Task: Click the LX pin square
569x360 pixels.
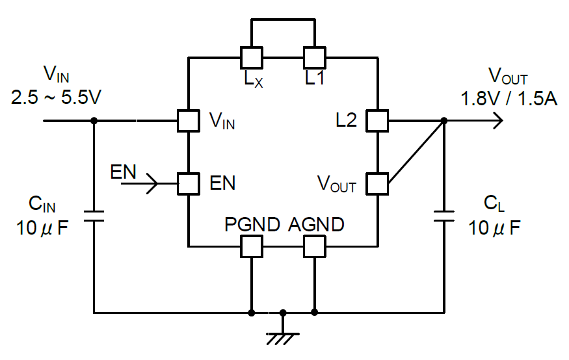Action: coord(252,58)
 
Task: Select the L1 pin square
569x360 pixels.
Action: coord(315,58)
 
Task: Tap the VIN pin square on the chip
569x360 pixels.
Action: coord(189,121)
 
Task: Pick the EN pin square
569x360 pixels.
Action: coord(189,184)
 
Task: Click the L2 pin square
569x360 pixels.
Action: coord(377,121)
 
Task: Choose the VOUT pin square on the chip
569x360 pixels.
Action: coord(377,184)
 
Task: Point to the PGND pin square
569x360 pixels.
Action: coord(252,246)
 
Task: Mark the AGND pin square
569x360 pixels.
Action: coord(315,246)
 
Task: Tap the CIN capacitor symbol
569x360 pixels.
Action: coord(94,216)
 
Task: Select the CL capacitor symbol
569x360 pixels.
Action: coord(443,216)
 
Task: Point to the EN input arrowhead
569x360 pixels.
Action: coord(152,184)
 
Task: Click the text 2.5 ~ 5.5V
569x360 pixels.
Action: coord(56,97)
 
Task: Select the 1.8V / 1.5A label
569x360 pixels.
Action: coord(509,99)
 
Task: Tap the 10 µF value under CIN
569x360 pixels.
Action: coord(42,228)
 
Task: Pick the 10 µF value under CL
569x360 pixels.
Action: coord(494,228)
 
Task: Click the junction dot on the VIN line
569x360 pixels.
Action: coord(94,121)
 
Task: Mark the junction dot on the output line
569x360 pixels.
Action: coord(443,121)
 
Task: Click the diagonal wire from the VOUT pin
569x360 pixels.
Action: coord(416,152)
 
